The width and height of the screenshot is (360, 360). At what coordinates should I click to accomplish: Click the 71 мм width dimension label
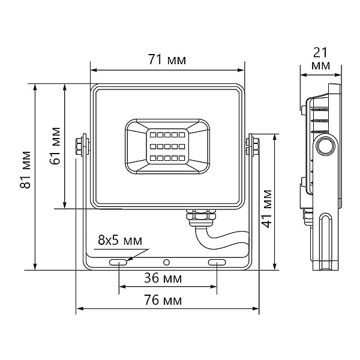[167, 59]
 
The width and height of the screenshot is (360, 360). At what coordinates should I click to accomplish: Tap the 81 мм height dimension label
[25, 170]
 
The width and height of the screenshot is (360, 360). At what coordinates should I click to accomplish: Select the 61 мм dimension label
[55, 146]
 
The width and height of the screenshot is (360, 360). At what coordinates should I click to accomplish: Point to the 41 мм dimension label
[267, 208]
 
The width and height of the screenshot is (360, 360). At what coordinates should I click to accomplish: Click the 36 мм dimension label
[163, 278]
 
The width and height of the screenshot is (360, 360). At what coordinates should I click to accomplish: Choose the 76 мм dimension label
[163, 300]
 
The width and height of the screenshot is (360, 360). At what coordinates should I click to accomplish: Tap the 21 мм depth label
[320, 59]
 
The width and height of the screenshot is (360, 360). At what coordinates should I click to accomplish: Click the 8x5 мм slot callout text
[120, 240]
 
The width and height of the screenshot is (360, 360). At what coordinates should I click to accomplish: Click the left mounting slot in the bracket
[118, 262]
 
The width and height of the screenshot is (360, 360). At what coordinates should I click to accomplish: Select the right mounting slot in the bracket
[217, 262]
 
